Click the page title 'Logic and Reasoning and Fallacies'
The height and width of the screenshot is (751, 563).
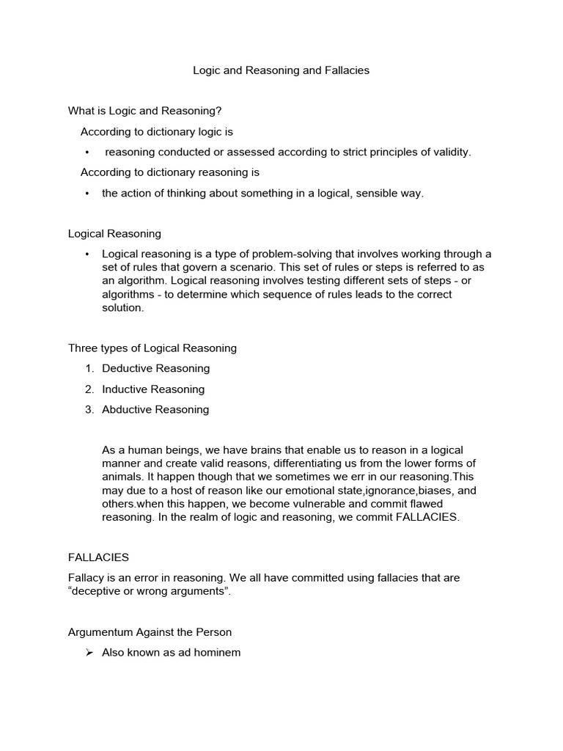pos(281,71)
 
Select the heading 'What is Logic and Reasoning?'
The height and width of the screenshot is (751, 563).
pos(144,111)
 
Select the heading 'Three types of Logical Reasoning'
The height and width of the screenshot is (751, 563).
pos(152,348)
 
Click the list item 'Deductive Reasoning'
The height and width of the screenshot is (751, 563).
pos(155,368)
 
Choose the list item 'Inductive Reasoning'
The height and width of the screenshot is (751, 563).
pos(153,389)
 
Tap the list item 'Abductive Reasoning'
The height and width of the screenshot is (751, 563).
pos(155,410)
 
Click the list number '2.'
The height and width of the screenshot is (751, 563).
pos(89,389)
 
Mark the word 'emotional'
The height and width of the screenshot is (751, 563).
pos(312,491)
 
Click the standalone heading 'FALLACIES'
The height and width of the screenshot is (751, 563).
pos(98,557)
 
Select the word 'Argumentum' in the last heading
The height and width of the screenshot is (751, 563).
pos(100,632)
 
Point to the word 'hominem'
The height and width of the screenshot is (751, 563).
pos(218,653)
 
